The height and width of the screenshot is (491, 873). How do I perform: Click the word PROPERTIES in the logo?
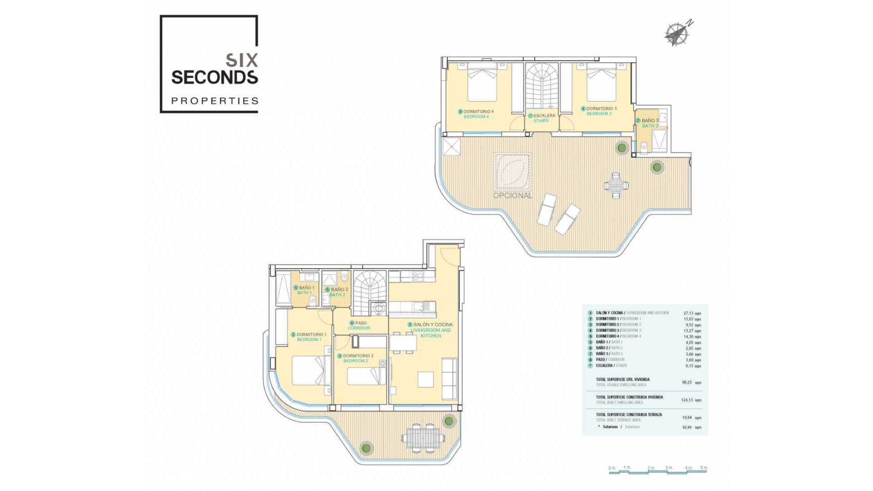[x=215, y=101]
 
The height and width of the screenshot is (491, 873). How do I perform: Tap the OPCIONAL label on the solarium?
[x=512, y=195]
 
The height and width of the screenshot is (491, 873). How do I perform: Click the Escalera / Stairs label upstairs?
[x=542, y=118]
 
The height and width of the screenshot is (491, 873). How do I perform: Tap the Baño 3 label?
[x=648, y=123]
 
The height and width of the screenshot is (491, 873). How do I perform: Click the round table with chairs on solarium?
[x=616, y=185]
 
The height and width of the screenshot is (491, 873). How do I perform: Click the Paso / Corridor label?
[x=359, y=326]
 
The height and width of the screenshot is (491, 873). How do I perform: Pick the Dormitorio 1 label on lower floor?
[x=309, y=337]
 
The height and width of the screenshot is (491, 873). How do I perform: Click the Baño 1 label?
[x=304, y=290]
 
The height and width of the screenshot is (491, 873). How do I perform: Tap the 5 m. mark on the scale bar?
[x=704, y=468]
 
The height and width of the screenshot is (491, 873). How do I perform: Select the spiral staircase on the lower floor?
[x=370, y=293]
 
